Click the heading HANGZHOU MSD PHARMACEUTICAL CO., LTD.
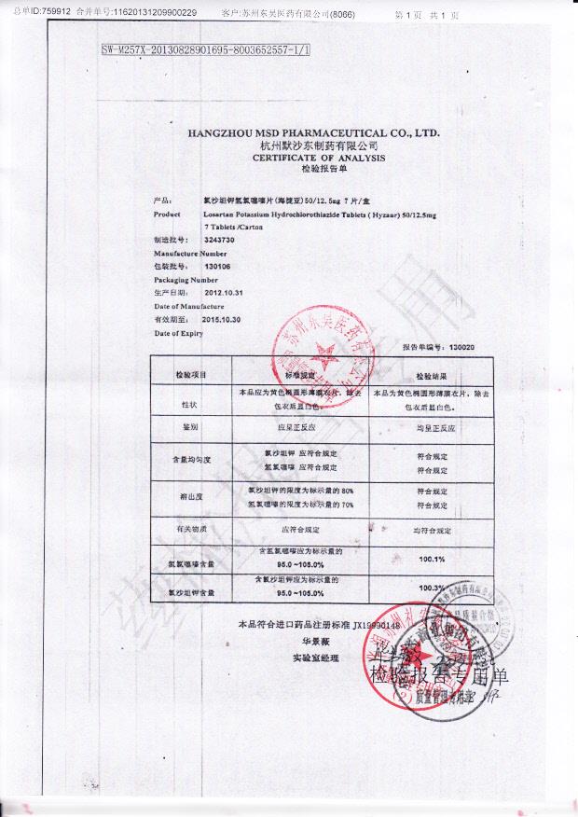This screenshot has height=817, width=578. (312, 133)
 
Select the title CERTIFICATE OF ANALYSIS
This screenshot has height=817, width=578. (312, 159)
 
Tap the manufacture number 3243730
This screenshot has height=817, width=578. (220, 241)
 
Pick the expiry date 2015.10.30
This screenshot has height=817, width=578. (222, 319)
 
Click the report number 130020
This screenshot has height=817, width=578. (435, 347)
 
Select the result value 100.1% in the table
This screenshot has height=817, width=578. (433, 559)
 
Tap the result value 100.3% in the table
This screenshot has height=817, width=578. (433, 588)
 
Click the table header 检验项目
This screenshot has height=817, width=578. (190, 373)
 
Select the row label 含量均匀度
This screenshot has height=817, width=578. (191, 460)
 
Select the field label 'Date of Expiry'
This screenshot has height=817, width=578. (179, 333)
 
